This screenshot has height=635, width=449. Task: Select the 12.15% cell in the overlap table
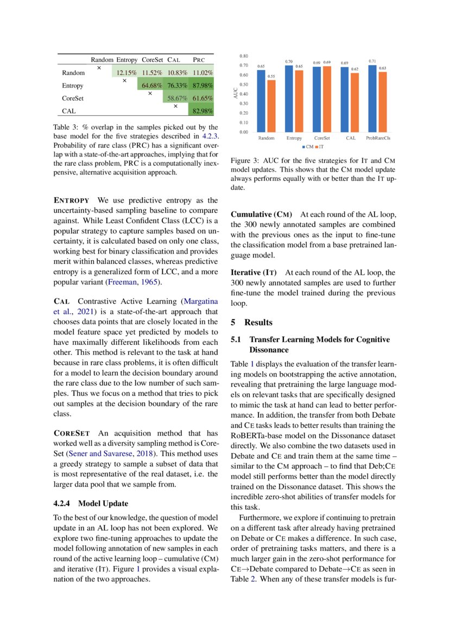[127, 72]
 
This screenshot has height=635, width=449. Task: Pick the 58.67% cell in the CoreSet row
[176, 98]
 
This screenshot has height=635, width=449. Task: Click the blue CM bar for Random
[261, 101]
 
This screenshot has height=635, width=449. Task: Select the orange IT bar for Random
[271, 106]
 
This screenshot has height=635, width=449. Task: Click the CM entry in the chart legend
[307, 147]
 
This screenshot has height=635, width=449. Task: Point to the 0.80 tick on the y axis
[243, 56]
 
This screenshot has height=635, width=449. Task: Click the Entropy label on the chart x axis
[294, 139]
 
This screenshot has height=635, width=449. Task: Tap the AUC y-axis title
[235, 94]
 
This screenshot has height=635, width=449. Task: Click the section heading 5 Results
[252, 322]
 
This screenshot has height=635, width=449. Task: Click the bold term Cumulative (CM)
[262, 214]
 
